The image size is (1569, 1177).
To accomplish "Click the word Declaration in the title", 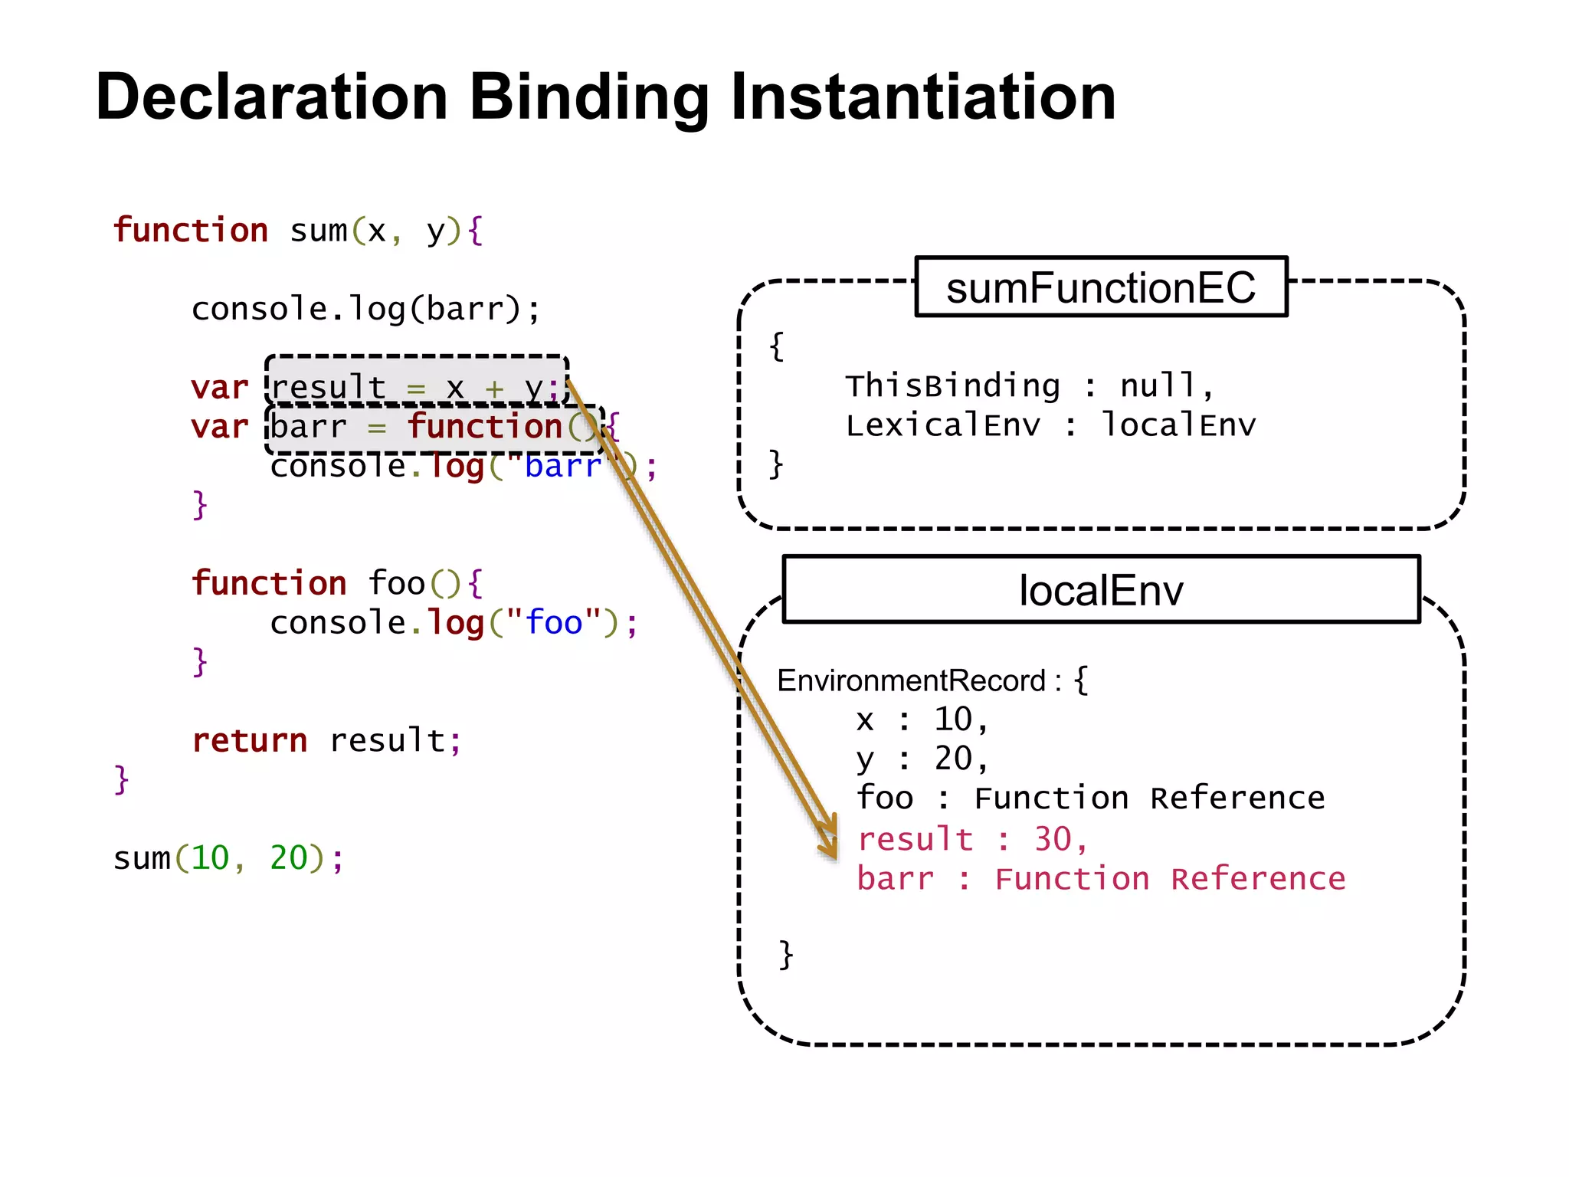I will [272, 97].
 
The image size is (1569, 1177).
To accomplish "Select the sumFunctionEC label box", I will [1101, 287].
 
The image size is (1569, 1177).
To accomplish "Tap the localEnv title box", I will [1101, 590].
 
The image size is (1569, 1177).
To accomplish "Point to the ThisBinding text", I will [952, 385].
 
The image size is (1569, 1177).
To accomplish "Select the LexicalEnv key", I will [943, 425].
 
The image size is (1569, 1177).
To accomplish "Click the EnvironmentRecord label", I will [912, 680].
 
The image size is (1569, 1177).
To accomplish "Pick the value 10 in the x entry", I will [953, 720].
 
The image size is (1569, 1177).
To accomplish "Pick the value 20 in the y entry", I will [953, 759].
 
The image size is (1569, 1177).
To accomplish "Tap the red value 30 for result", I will [1053, 839].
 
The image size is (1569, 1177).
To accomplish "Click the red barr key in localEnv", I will [896, 879].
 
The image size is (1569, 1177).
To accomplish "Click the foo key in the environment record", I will [885, 798].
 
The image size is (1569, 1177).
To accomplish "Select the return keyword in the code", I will [250, 740].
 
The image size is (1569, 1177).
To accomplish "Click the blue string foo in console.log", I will [554, 622].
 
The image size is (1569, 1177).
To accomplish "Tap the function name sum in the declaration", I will [318, 231].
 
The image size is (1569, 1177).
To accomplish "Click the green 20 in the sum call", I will [288, 858].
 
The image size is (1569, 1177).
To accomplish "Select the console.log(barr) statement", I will [365, 309].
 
